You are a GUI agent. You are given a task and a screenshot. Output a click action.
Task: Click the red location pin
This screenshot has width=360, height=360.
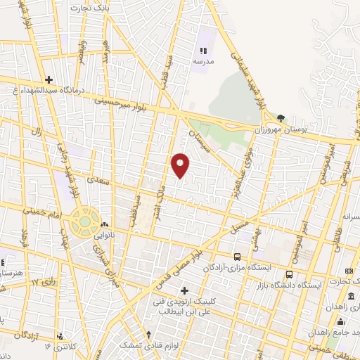(x=181, y=165)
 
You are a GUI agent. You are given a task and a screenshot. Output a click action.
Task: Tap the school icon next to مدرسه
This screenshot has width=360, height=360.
(x=204, y=51)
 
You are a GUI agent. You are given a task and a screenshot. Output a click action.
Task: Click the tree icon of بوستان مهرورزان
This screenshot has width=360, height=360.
(x=281, y=118)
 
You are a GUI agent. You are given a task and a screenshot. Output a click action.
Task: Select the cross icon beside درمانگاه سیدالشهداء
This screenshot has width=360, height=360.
(x=48, y=79)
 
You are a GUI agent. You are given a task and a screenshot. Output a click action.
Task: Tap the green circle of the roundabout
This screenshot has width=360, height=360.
(x=85, y=221)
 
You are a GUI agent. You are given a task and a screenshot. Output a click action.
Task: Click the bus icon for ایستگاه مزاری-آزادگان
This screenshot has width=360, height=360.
(x=237, y=257)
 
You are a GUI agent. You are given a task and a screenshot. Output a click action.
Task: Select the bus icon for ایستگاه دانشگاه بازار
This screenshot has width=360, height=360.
(x=289, y=274)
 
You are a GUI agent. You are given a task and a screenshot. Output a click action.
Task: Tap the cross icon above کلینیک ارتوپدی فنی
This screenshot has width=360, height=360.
(x=184, y=290)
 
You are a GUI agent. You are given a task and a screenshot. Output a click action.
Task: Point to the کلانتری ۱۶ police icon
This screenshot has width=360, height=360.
(x=60, y=335)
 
